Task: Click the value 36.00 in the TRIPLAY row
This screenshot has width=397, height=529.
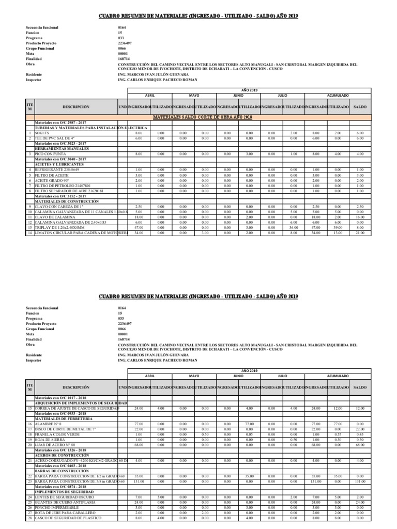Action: (x=293, y=228)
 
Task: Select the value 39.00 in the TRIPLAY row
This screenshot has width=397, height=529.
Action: (x=338, y=228)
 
